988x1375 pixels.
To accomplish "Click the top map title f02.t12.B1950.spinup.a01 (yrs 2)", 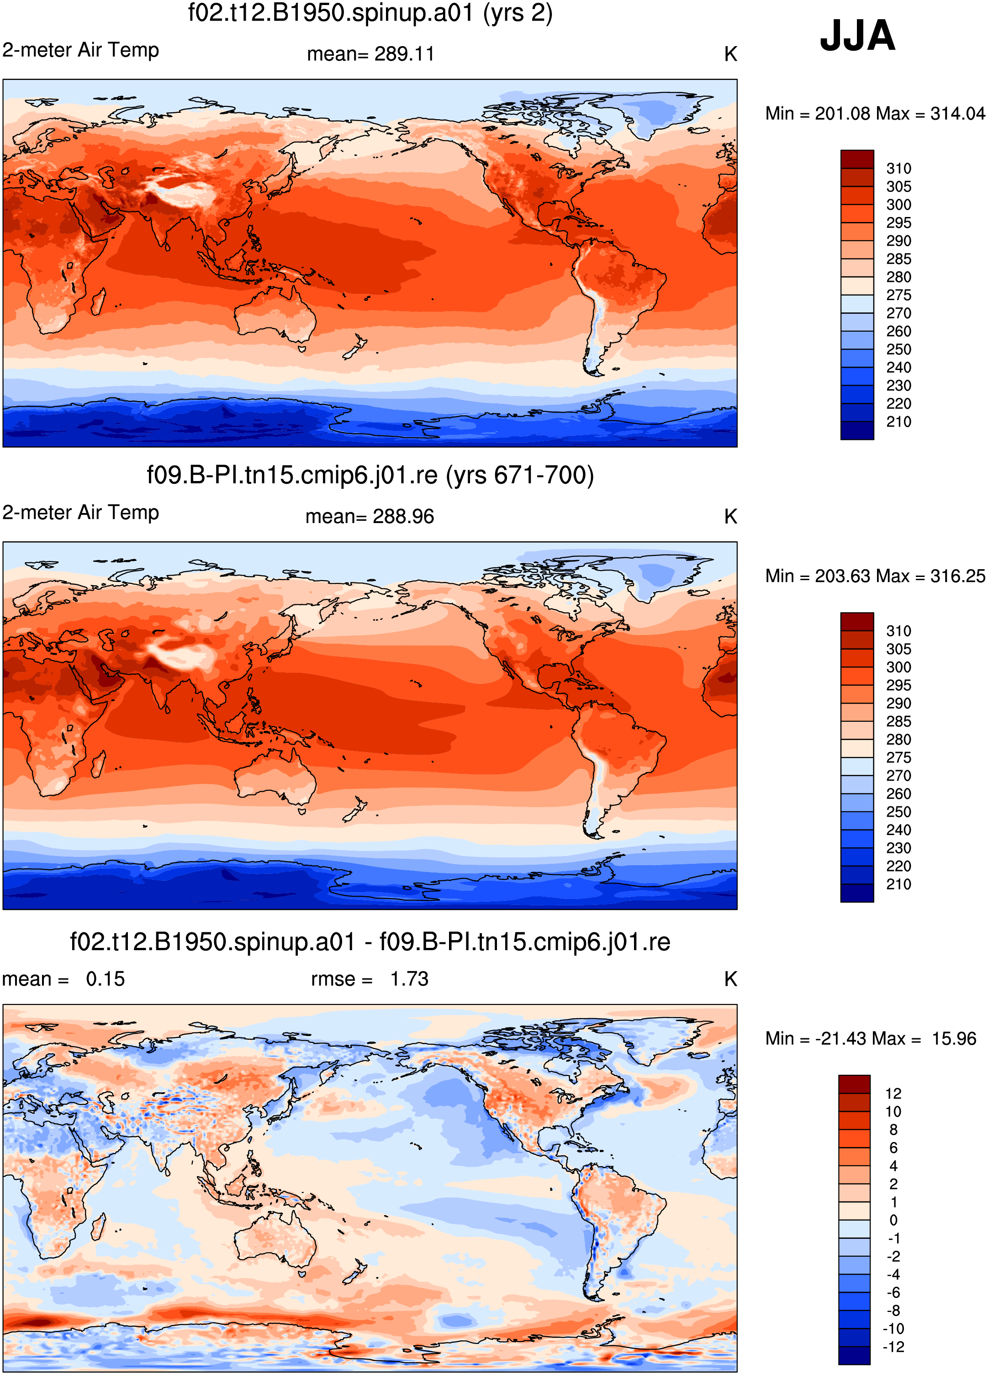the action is (x=370, y=13).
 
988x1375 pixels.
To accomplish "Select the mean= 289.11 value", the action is (x=370, y=54).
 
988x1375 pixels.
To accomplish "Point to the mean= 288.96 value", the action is (x=370, y=517).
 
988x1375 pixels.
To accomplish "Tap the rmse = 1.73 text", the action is (x=370, y=979).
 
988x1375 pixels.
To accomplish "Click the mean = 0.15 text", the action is (x=63, y=979).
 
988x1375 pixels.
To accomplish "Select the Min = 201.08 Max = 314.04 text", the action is (x=875, y=113).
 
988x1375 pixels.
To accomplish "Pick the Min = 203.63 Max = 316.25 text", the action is (x=875, y=576).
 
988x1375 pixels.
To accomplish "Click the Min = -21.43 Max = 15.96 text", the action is (x=871, y=1038).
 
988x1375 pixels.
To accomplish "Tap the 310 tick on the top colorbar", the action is (x=898, y=169).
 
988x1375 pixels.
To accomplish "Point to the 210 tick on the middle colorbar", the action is (x=898, y=884).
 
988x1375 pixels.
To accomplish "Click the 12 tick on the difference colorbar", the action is (x=893, y=1094).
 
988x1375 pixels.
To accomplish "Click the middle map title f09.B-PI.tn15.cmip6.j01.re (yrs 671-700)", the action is (x=370, y=475).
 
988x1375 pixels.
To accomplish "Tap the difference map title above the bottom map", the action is (x=370, y=942).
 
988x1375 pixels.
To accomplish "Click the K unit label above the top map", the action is (x=730, y=54).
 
